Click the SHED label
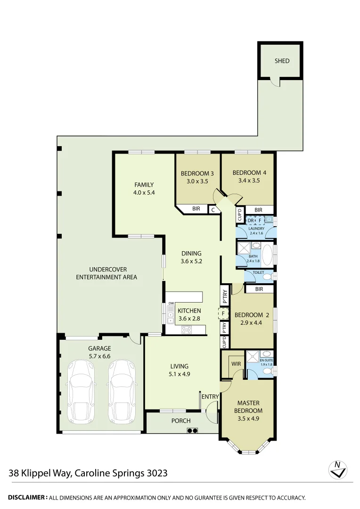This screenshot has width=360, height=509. point(282,61)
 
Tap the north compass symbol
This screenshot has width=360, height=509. point(337,469)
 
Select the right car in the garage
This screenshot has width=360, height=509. point(123,392)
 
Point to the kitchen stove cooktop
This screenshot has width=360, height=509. point(186,330)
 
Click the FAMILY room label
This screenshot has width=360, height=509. point(144,185)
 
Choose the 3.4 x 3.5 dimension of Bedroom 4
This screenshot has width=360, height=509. point(246,180)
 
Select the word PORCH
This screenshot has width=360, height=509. point(181,421)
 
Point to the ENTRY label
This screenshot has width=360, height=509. point(210,397)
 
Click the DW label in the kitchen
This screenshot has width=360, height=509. point(171,303)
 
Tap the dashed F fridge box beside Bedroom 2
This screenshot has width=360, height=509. point(223,313)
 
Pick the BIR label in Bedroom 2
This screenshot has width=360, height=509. point(259,289)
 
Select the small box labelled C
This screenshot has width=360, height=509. point(213,210)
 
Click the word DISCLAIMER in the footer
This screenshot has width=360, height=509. point(27,497)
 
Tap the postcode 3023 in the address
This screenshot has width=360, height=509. point(157,473)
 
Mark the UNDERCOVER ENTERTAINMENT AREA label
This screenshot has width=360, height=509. point(106,273)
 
